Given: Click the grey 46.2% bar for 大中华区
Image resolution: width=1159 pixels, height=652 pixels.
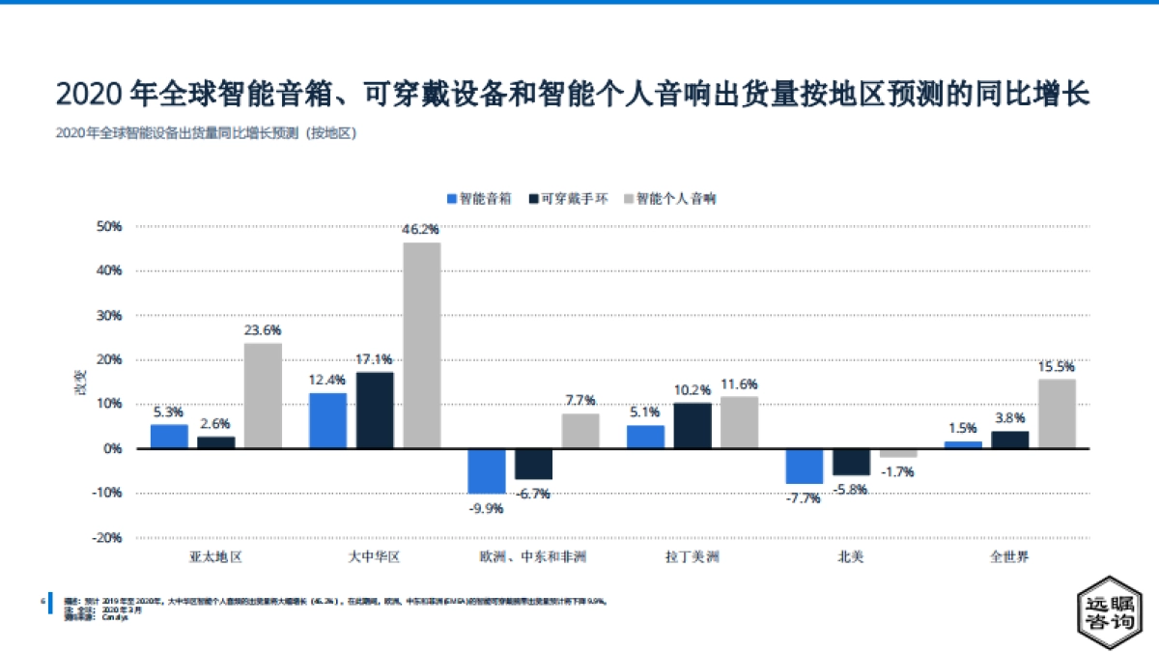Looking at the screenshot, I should (421, 345).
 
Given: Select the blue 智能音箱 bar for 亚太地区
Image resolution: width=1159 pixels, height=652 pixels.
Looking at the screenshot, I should (169, 436).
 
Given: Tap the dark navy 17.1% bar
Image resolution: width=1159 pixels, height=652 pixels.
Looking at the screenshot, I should (375, 410).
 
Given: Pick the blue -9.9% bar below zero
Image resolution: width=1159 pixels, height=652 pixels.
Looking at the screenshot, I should (486, 470).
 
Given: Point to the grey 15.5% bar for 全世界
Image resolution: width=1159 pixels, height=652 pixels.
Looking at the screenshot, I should (1057, 413).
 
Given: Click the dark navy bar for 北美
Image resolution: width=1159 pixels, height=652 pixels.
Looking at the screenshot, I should (851, 462).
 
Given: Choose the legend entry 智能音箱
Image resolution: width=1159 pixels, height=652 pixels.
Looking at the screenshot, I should (479, 198).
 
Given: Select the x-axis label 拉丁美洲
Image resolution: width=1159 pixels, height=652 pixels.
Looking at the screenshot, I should (693, 557).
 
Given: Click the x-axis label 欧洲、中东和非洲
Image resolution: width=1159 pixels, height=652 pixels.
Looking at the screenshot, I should (532, 557).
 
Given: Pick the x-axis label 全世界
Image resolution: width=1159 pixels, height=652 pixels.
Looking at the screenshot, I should (1009, 557).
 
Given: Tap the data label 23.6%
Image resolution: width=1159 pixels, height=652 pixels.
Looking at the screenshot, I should (263, 330).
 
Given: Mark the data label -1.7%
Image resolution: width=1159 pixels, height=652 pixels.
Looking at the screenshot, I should (898, 472).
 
